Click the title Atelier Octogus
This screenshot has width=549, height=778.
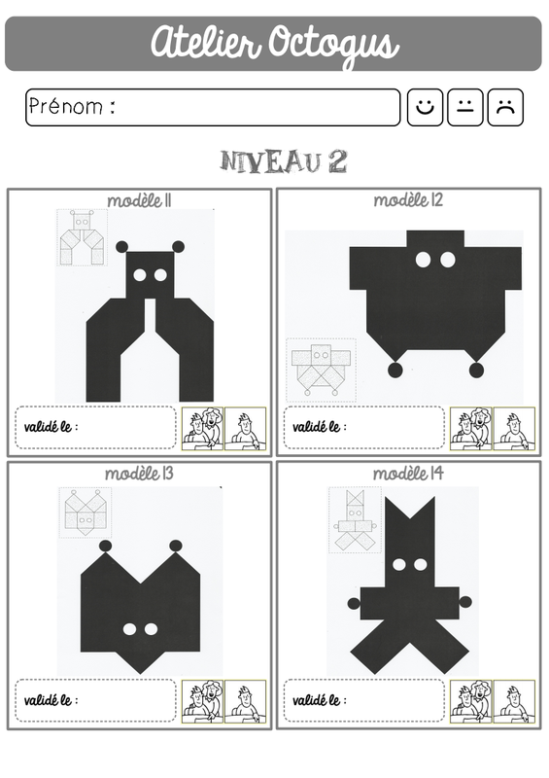point(275,43)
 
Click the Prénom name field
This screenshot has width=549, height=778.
point(213,107)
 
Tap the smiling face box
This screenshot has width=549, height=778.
point(425,107)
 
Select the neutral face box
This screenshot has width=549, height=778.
point(464,107)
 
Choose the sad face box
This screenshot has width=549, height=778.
point(505,107)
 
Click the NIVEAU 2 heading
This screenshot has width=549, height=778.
point(284,161)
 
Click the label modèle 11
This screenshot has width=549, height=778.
point(139,200)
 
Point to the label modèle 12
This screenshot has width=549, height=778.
point(408,200)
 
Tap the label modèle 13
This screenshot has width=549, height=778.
point(139,474)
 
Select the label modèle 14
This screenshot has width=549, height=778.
point(408,474)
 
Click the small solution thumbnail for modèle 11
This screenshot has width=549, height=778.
point(83,237)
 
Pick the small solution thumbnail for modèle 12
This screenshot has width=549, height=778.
point(321,370)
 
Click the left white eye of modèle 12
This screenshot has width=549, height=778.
point(423,260)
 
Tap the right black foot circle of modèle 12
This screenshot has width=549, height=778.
point(476,370)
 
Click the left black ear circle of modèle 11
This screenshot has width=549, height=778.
point(122,247)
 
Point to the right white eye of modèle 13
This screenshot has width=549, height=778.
point(151,629)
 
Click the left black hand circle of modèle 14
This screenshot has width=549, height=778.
point(354,603)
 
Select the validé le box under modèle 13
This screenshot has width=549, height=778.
point(96,699)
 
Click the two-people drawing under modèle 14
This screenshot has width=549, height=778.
point(471,701)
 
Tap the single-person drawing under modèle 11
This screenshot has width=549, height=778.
point(246,429)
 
